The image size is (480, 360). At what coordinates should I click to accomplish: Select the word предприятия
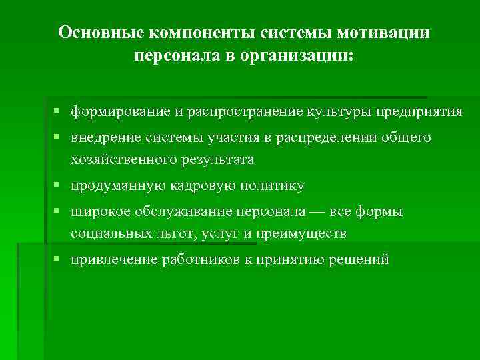pos(419,111)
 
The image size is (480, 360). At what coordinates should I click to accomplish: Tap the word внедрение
pos(103,137)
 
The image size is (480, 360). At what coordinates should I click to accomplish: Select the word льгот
pos(177,234)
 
